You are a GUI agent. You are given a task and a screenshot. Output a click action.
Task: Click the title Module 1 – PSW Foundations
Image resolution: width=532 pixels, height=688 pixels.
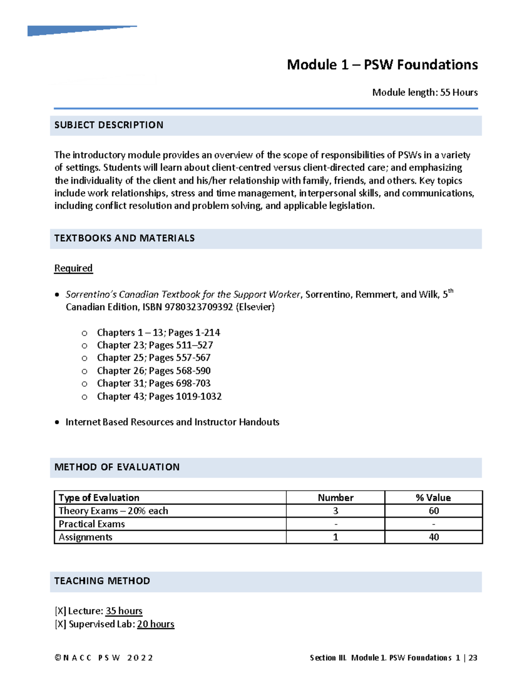coord(382,65)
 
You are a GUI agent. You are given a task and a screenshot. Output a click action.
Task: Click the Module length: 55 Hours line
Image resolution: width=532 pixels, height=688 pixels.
coord(425,93)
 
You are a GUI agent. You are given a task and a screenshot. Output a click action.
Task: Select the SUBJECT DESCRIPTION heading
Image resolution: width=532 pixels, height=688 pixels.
coord(109,125)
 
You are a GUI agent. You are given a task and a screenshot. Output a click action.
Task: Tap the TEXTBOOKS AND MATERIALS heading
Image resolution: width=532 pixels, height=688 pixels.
coord(124,238)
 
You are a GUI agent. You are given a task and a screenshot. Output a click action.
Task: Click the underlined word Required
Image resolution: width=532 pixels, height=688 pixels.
coord(73,268)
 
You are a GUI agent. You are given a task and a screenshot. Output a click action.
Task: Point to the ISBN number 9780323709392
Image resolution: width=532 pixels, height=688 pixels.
coord(199,307)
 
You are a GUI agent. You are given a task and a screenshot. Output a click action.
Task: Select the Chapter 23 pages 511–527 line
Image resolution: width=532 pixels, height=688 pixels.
coord(155,345)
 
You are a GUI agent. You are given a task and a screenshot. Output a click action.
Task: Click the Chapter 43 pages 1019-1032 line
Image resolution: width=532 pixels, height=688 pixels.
coord(159,396)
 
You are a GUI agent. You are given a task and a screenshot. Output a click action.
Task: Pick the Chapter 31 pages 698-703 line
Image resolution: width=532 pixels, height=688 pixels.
coord(153,383)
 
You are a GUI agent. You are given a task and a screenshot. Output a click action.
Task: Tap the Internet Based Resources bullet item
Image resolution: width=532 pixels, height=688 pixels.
coord(172,422)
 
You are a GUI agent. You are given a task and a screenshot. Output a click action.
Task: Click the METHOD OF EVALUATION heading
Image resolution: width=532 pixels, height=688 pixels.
coord(117,467)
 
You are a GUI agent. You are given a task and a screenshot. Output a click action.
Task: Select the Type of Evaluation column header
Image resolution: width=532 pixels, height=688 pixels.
coord(99,498)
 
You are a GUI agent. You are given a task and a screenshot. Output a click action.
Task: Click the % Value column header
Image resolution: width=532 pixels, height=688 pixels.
coord(433,498)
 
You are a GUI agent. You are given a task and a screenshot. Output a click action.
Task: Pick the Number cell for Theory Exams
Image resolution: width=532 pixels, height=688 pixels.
coord(336,511)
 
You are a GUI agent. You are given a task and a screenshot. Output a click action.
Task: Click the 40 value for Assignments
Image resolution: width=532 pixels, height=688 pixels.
coord(434,537)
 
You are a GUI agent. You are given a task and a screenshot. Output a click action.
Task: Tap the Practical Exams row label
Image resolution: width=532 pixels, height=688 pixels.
coord(92,524)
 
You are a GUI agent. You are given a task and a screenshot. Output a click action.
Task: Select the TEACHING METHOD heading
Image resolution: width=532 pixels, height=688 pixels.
coord(102,581)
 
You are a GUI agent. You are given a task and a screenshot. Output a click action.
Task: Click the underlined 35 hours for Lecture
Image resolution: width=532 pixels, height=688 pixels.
coord(124,611)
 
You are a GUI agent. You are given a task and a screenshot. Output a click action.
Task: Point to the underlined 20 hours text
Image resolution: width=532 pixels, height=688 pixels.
coord(156,624)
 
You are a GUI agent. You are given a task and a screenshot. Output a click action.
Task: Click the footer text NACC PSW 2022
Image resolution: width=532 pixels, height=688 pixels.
coord(104,658)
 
